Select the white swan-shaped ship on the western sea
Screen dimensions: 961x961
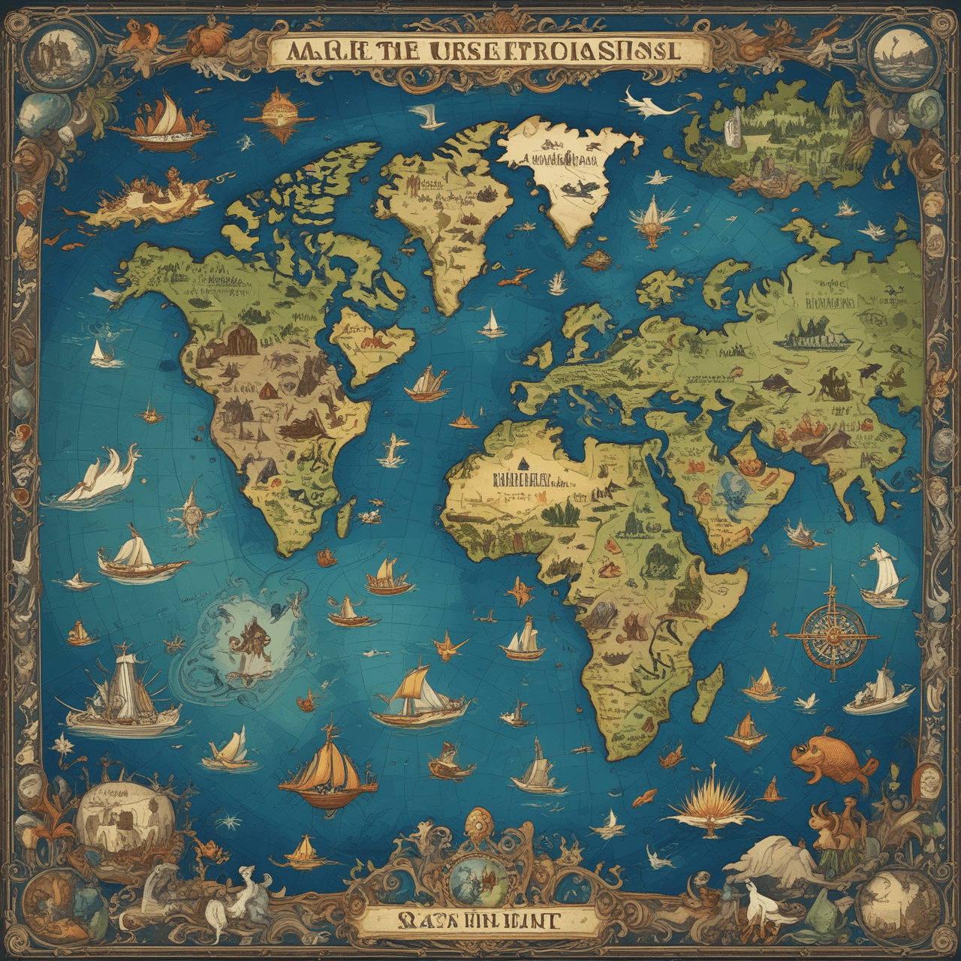(x=101, y=473)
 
